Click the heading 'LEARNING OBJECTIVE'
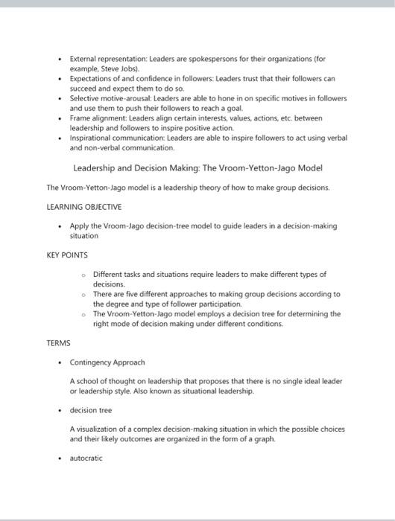point(83,206)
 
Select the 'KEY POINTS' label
point(67,255)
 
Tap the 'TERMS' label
point(58,342)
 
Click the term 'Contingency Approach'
point(107,362)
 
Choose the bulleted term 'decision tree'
point(92,410)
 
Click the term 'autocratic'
point(86,458)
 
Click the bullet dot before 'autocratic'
point(59,458)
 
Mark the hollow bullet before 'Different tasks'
point(84,275)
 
